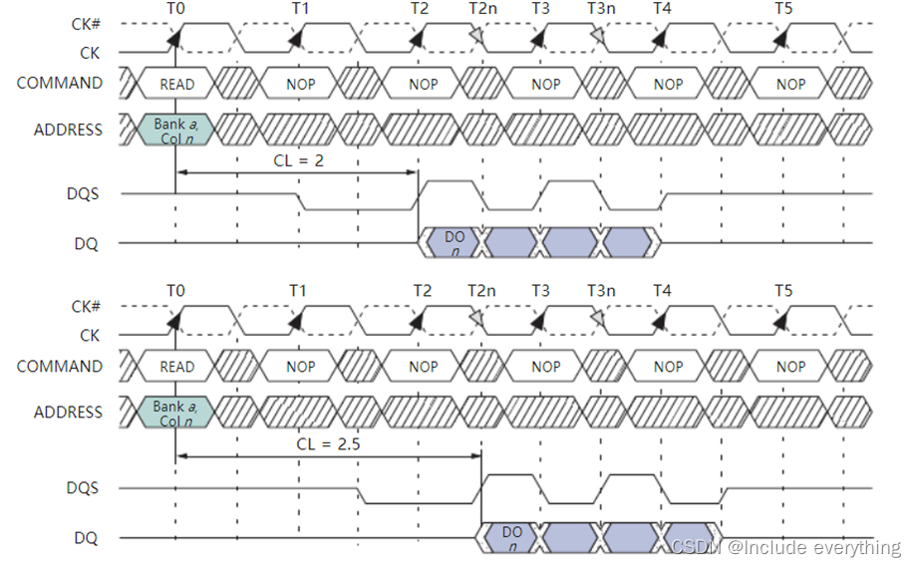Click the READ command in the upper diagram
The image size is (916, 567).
click(x=176, y=85)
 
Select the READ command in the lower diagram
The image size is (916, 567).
click(x=176, y=368)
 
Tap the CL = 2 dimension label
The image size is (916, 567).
click(x=298, y=159)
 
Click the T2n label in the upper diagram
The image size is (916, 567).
click(x=481, y=8)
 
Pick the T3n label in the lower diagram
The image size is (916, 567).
click(x=601, y=291)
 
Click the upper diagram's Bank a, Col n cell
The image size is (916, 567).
click(x=176, y=131)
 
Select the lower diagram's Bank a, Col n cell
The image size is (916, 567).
click(x=176, y=413)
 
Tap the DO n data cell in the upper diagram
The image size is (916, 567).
click(x=455, y=243)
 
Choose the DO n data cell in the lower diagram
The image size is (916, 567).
click(x=512, y=539)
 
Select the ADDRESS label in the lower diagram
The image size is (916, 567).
click(x=68, y=413)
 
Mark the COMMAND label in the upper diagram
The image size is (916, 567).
click(x=60, y=84)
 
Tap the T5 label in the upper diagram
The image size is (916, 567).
click(x=784, y=8)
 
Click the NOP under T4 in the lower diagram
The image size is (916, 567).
click(x=668, y=368)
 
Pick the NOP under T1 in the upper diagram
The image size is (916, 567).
click(x=300, y=85)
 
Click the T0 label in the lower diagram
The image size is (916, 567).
click(x=175, y=291)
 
